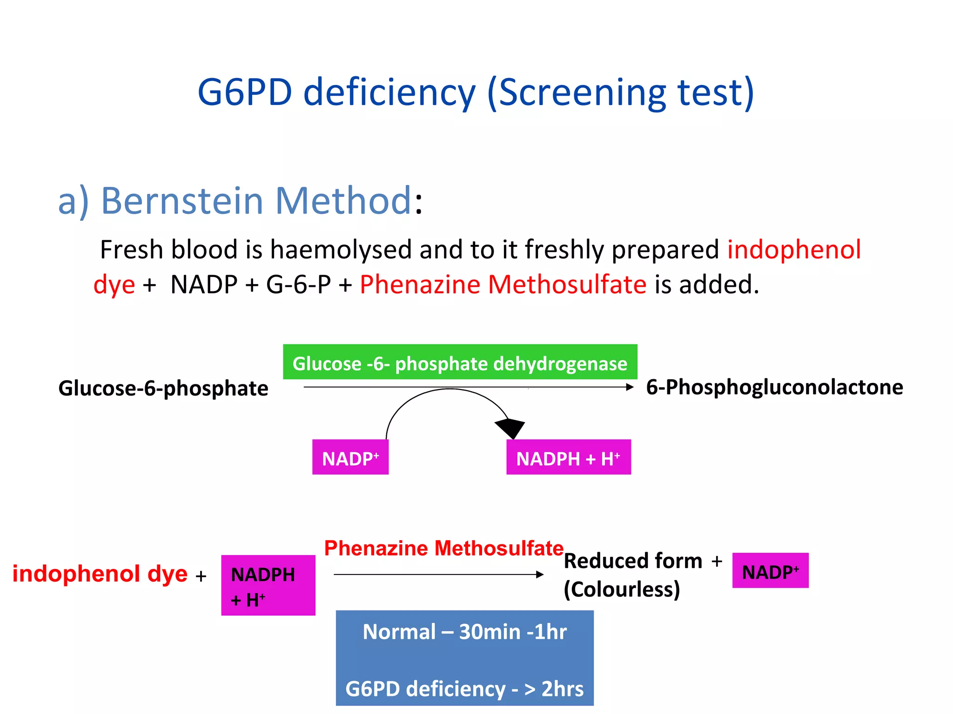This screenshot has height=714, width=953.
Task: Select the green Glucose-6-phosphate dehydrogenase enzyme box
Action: point(460,363)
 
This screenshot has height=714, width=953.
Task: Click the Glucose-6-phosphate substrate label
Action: point(163,388)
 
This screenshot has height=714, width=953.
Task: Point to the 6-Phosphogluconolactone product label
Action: point(774,387)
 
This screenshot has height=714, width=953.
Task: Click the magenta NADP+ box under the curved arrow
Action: point(350,458)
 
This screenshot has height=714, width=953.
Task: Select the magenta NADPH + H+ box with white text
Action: point(568,458)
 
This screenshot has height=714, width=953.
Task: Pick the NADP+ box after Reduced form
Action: point(770,571)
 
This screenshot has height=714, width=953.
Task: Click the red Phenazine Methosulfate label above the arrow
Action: point(443,549)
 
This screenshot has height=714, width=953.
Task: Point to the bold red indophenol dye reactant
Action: point(100,574)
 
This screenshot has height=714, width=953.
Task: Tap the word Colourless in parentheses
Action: point(622,589)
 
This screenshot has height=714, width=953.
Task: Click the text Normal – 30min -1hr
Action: point(464,632)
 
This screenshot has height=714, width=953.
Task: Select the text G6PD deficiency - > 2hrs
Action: point(464,689)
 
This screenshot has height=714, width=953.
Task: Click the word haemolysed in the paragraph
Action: point(341,250)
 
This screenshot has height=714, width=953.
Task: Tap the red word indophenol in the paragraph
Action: point(794,250)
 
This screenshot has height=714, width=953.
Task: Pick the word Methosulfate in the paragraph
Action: point(567,284)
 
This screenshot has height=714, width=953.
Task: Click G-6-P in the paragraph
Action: point(298,284)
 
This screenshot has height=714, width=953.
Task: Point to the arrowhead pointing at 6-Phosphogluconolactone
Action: point(630,387)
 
